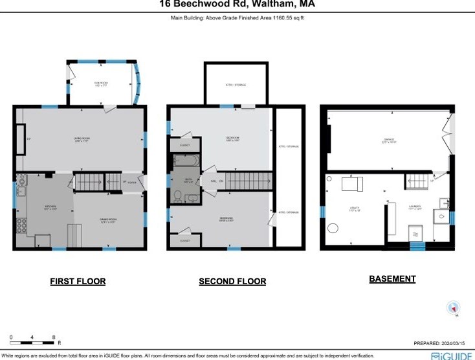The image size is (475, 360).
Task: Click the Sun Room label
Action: point(100,84)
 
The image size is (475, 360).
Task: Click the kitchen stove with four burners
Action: point(19,226)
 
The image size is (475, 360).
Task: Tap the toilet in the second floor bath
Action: point(179,194)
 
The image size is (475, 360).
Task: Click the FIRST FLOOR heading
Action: point(78,282)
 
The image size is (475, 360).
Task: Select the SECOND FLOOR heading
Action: point(232,282)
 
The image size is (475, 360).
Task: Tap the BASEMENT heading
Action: point(392,279)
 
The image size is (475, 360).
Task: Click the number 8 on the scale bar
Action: point(54,337)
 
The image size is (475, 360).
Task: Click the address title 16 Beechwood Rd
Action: point(237,5)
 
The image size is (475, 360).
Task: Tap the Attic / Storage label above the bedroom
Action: point(235,85)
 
